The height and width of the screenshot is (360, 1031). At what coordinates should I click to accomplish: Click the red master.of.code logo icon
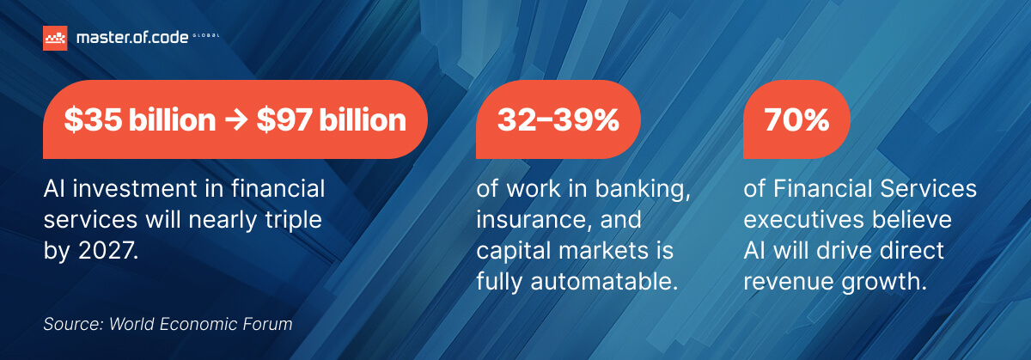(55, 38)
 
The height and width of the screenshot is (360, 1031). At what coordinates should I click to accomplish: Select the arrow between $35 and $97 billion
(235, 120)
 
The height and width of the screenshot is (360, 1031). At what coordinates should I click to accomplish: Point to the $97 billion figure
(331, 120)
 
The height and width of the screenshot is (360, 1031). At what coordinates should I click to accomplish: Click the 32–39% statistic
(558, 120)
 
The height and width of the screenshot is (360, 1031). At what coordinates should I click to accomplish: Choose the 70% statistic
(797, 120)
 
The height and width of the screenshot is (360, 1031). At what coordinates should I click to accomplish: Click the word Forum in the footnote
(268, 325)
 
